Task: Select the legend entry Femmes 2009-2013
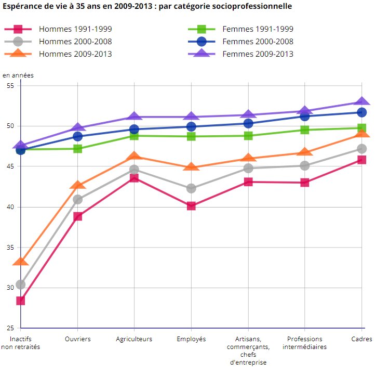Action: point(257,54)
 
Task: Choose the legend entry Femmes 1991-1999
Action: point(257,29)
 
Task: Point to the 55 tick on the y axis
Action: point(10,85)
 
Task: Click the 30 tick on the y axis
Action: point(10,288)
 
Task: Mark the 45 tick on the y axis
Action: point(10,166)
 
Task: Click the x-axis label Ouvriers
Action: point(78,339)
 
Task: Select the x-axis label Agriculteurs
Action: point(134,339)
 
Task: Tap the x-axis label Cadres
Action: point(361,339)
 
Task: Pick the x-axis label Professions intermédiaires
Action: point(305,343)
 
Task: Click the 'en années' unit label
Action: point(18,75)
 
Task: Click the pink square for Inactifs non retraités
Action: point(20,301)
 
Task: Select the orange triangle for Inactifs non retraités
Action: point(20,262)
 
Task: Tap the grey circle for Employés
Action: point(191,188)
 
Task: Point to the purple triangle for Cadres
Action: point(361,102)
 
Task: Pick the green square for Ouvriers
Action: point(77,149)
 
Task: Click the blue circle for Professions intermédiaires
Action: point(305,116)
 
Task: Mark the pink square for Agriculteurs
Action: point(134,178)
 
